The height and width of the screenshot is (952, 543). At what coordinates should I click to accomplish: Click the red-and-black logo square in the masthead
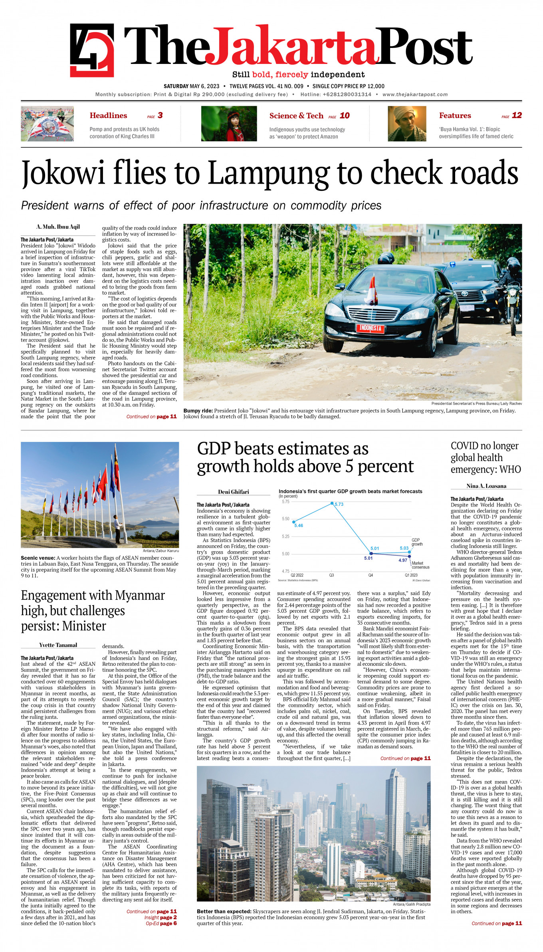[x=92, y=50]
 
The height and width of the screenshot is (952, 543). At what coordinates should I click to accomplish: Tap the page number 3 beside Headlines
[x=160, y=115]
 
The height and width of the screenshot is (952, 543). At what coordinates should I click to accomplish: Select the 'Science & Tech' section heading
[x=296, y=116]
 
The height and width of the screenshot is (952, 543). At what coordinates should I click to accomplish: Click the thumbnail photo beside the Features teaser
[x=407, y=124]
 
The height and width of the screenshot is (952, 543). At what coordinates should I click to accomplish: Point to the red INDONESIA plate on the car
[x=370, y=328]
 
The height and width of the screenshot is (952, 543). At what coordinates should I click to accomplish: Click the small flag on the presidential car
[x=371, y=291]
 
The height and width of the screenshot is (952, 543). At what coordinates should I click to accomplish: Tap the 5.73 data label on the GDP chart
[x=339, y=504]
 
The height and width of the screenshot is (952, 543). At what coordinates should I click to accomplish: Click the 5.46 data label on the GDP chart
[x=299, y=525]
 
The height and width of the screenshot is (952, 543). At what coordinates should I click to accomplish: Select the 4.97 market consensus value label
[x=403, y=560]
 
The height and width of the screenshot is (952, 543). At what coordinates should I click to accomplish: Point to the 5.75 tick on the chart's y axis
[x=285, y=502]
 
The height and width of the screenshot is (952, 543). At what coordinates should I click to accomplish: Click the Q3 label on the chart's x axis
[x=331, y=575]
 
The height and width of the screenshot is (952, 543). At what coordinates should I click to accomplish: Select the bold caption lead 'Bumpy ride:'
[x=198, y=411]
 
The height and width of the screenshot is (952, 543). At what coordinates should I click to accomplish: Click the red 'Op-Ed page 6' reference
[x=161, y=923]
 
